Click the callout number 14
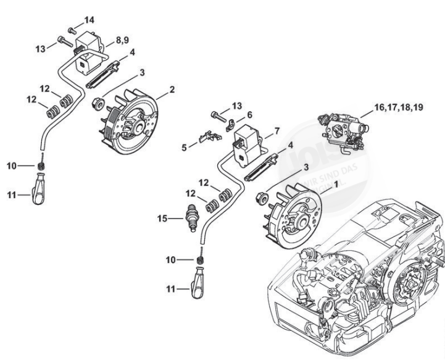[x=89, y=20]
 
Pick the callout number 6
[x=249, y=115]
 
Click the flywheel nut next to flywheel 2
[x=97, y=103]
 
